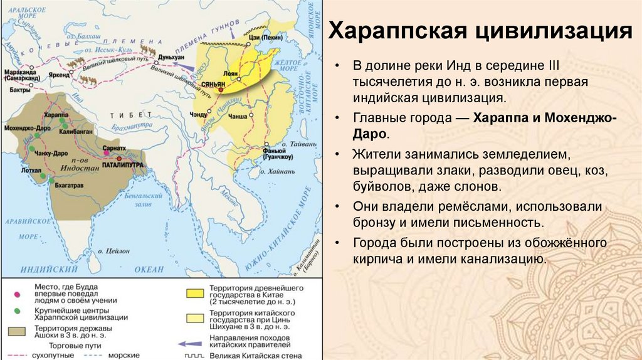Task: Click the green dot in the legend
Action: [x=17, y=310]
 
